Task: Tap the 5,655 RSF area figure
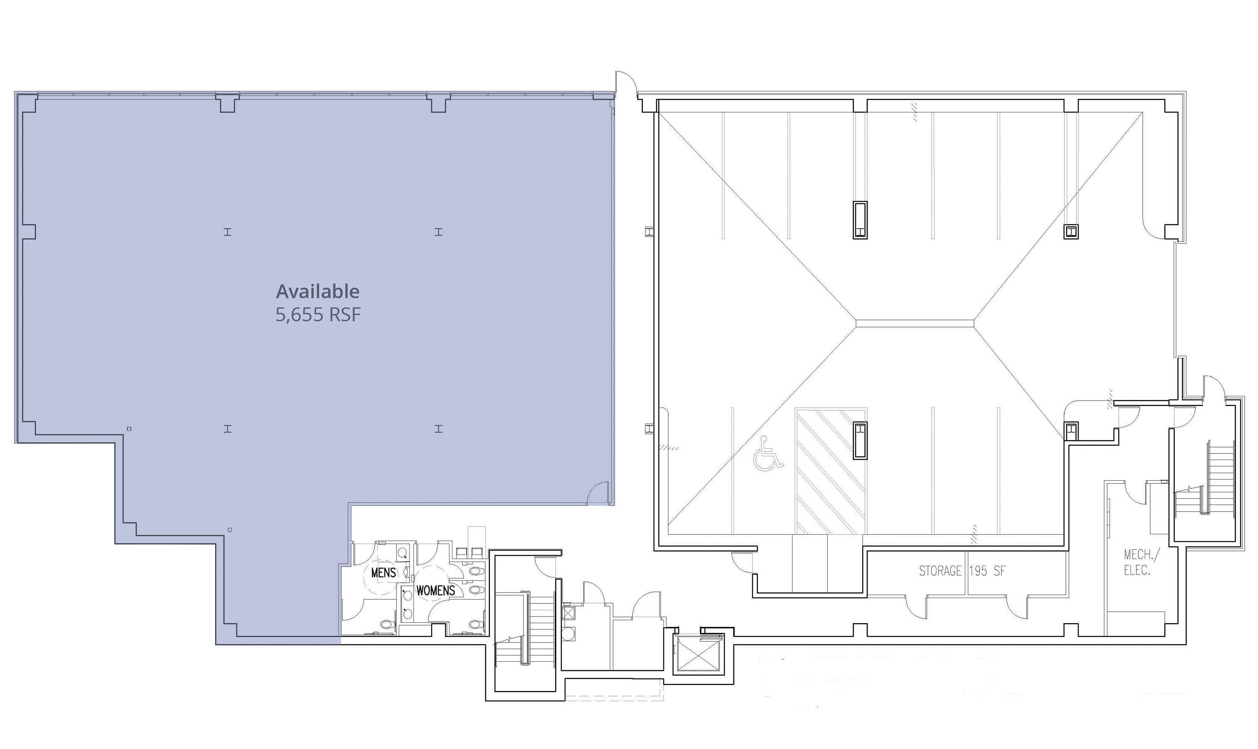(318, 315)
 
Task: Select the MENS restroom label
(384, 572)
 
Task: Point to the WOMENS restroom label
(436, 590)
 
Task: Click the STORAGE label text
(940, 571)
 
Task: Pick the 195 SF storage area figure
(987, 571)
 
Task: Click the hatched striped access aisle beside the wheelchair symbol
(831, 471)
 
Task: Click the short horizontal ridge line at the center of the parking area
(915, 323)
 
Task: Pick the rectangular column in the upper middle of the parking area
(860, 220)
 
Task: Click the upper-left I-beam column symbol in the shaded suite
(228, 232)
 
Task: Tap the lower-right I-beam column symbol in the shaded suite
(439, 429)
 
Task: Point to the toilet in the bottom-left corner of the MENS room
(386, 625)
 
